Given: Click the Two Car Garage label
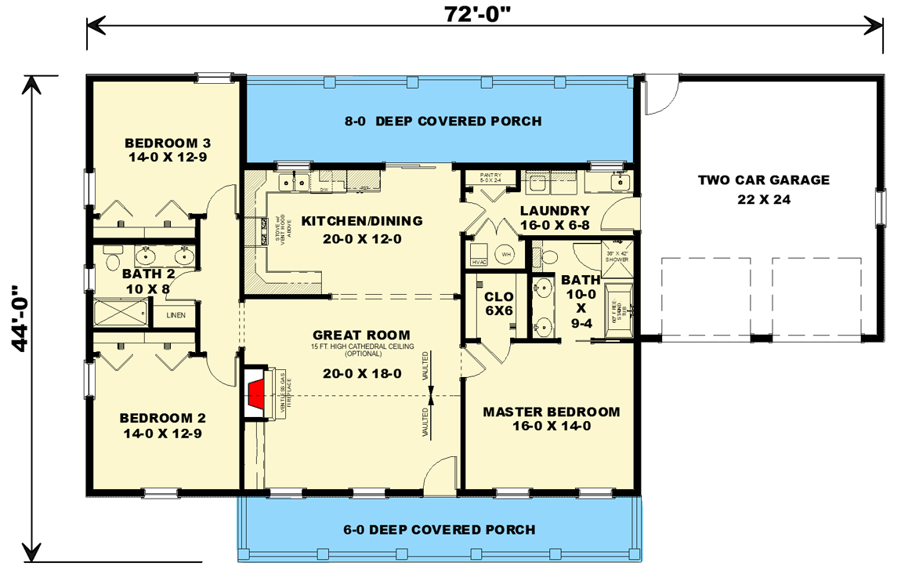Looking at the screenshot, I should (763, 189).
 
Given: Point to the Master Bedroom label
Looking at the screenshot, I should (551, 419).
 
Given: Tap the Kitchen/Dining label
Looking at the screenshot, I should (362, 229).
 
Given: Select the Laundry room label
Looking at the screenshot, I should (554, 217).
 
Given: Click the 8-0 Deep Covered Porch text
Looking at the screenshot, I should (442, 121).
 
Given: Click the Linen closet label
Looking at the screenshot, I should (176, 315).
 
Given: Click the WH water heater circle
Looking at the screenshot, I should (505, 254).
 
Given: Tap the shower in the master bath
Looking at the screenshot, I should (616, 256).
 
